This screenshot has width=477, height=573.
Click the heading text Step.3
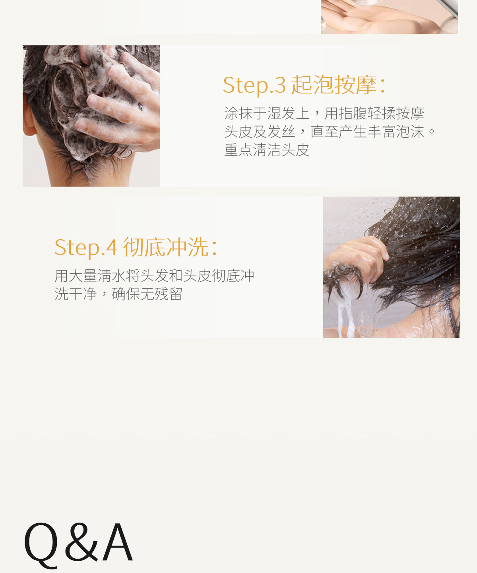pyautogui.click(x=254, y=85)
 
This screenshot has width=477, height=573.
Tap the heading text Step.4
pyautogui.click(x=86, y=248)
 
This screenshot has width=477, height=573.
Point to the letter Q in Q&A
pyautogui.click(x=41, y=546)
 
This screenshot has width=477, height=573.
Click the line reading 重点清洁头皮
pyautogui.click(x=267, y=150)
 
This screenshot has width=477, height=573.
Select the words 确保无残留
pyautogui.click(x=147, y=294)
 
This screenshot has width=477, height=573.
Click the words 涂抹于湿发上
pyautogui.click(x=267, y=113)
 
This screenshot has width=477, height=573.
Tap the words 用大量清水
pyautogui.click(x=90, y=275)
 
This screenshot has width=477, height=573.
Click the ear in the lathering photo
pyautogui.click(x=29, y=117)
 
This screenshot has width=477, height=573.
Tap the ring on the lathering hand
pyautogui.click(x=140, y=107)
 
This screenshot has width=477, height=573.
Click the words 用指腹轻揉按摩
pyautogui.click(x=374, y=113)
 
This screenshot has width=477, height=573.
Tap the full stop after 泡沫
pyautogui.click(x=432, y=131)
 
